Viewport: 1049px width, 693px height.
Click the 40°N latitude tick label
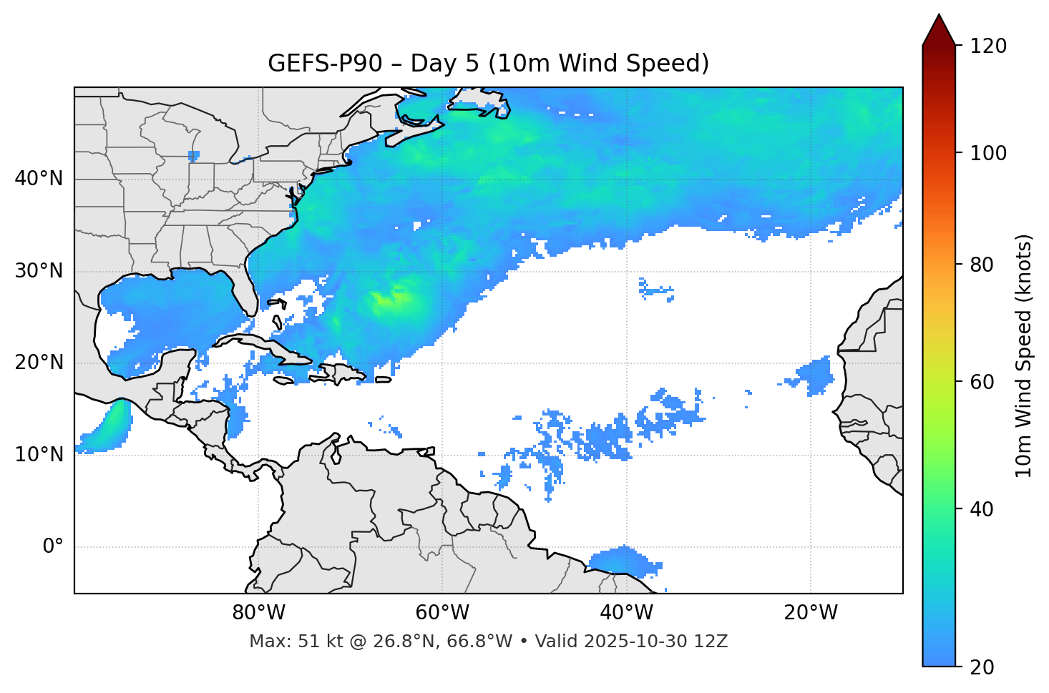click(39, 179)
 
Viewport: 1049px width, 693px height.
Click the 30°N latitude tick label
click(39, 271)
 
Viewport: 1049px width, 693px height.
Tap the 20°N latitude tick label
click(39, 363)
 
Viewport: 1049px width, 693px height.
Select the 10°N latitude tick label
click(39, 455)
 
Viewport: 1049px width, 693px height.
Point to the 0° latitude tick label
click(53, 547)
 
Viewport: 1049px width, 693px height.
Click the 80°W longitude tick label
click(258, 613)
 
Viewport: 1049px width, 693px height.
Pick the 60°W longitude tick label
click(442, 613)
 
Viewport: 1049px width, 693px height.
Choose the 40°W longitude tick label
click(627, 613)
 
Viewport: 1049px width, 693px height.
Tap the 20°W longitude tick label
click(811, 613)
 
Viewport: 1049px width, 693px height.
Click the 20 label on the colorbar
click(982, 667)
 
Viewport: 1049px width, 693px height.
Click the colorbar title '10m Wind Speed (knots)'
click(1024, 355)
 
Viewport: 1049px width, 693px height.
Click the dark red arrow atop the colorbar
click(939, 31)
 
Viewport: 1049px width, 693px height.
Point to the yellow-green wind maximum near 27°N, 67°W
click(387, 300)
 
